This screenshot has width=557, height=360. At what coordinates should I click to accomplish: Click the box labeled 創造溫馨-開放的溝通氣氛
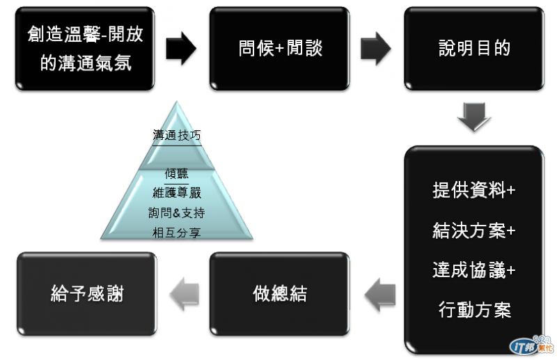[x=85, y=48]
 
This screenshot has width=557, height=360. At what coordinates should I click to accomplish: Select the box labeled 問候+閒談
[x=280, y=48]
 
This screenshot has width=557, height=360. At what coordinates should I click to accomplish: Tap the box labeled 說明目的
[x=474, y=48]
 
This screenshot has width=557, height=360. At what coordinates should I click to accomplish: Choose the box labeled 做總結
[x=280, y=294]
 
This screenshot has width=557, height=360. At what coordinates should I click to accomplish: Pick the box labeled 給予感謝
[x=87, y=294]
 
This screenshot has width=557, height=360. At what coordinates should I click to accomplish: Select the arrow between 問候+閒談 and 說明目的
[x=377, y=48]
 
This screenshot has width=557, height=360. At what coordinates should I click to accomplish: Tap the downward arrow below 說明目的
[x=474, y=117]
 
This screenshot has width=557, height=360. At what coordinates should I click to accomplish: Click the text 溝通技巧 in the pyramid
[x=177, y=136]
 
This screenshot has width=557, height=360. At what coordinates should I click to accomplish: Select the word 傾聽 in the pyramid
[x=177, y=174]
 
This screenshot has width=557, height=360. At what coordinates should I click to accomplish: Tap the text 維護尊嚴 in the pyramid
[x=177, y=193]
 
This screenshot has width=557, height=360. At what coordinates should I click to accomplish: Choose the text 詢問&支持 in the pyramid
[x=177, y=212]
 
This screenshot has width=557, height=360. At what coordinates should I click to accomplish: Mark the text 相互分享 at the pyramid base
[x=177, y=233]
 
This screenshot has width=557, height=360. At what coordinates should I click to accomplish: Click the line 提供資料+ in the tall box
[x=474, y=191]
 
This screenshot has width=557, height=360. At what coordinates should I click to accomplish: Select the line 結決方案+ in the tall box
[x=474, y=230]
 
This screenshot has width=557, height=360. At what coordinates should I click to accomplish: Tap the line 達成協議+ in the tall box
[x=474, y=270]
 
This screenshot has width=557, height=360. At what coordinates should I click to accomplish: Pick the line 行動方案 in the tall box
[x=474, y=310]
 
